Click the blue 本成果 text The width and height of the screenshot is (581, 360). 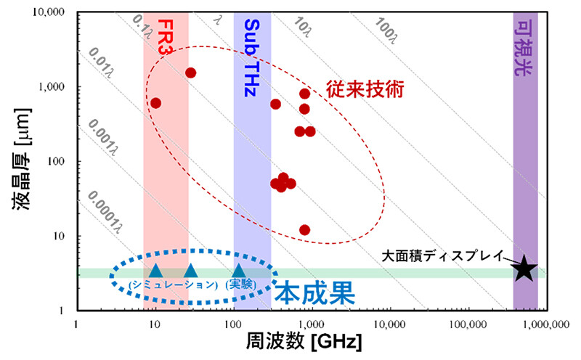point(314,292)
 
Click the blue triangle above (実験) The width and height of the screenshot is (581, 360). point(238,271)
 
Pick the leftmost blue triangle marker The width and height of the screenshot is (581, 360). point(155,271)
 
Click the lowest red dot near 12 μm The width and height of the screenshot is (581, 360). point(304,229)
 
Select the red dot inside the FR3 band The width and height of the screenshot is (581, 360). point(155,103)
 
